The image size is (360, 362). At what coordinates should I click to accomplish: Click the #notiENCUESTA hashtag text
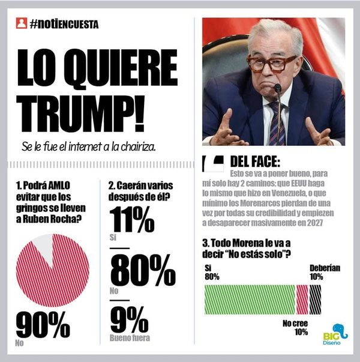click(x=64, y=24)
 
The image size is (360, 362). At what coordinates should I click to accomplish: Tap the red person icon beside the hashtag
click(x=22, y=24)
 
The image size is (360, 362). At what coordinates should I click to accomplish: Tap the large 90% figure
click(x=43, y=325)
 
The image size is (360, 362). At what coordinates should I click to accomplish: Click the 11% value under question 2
click(x=132, y=221)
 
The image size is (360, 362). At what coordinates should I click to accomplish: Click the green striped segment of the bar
click(x=250, y=300)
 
